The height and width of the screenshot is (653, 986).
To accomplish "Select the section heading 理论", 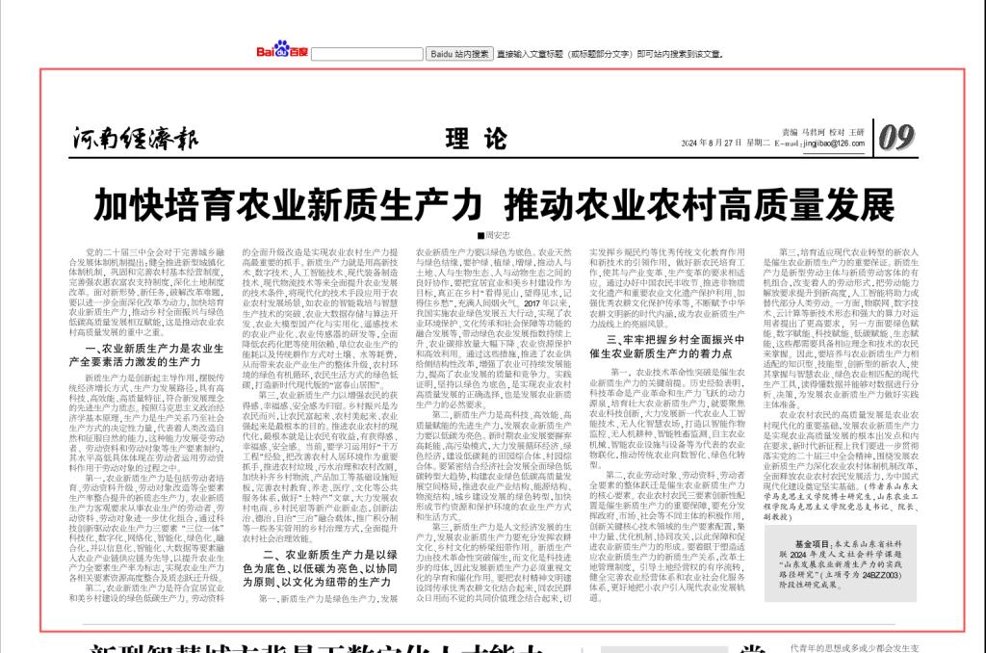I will [x=475, y=139].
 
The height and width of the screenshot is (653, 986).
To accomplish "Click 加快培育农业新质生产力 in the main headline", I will [x=286, y=205].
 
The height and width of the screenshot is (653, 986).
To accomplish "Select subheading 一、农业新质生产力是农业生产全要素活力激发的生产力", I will [x=153, y=352].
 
